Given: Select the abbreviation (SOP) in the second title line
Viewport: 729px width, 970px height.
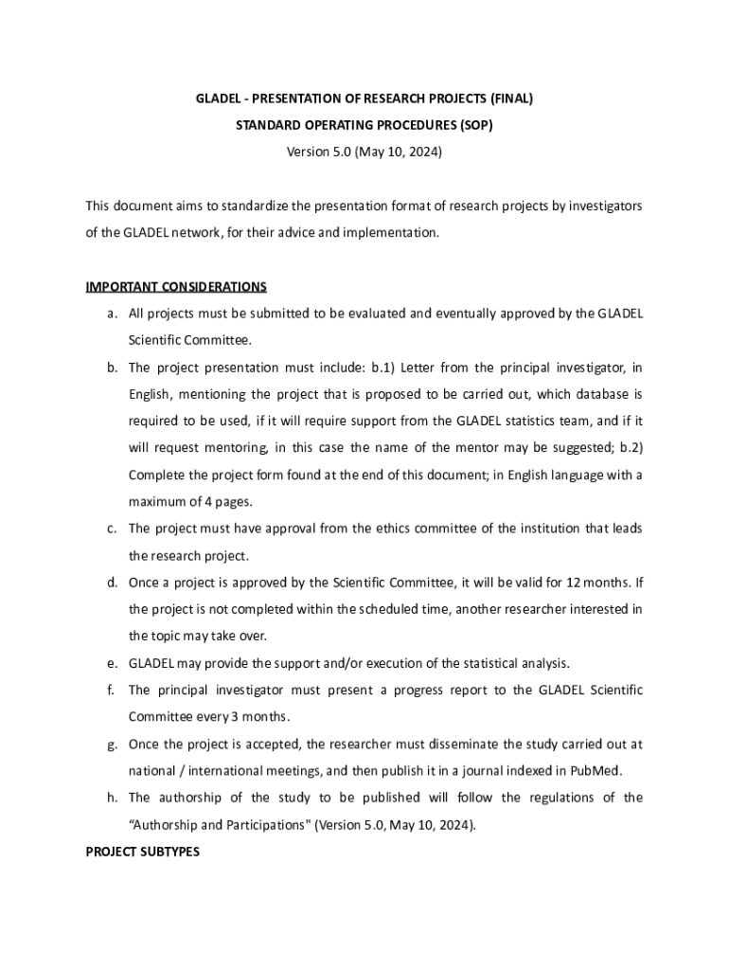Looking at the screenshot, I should point(473,124).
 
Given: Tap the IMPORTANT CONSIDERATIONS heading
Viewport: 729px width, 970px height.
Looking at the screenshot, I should point(176,286).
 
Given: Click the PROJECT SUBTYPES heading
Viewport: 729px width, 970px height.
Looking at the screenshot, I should point(143,852).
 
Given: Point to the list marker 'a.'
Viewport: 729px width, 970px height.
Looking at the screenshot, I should point(113,313).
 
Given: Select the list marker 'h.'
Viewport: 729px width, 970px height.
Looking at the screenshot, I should point(113,798).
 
